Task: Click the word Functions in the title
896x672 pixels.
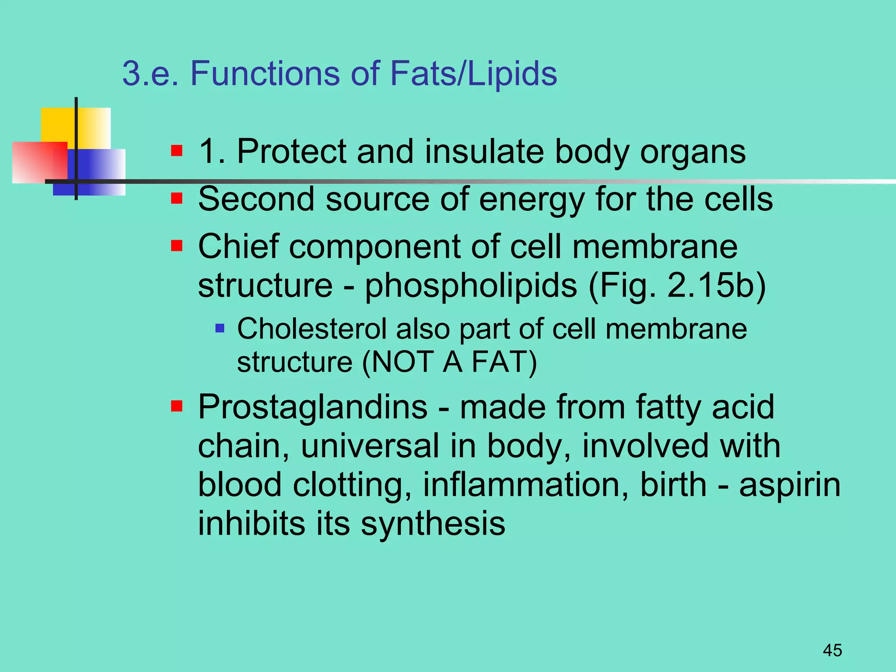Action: (265, 73)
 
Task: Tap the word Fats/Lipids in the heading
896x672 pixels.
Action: (473, 73)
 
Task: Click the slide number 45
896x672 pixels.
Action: (832, 650)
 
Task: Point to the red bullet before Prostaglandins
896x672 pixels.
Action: (177, 406)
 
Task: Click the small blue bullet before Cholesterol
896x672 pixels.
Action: (220, 328)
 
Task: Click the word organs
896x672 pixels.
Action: (693, 152)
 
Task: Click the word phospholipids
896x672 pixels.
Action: (471, 286)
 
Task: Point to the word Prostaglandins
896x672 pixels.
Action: (312, 407)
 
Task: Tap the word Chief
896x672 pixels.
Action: (238, 246)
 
